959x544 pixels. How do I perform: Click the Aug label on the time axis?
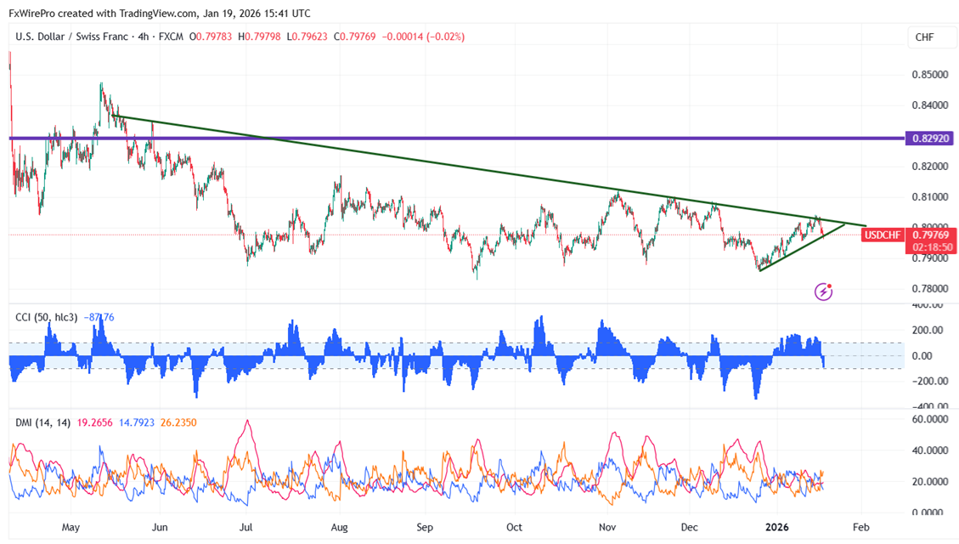(340, 527)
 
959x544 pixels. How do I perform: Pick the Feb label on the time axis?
(860, 527)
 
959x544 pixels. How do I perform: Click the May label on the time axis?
(71, 527)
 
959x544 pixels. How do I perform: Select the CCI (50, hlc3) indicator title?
(47, 317)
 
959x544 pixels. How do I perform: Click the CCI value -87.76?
(99, 317)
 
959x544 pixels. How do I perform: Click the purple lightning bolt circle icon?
(823, 292)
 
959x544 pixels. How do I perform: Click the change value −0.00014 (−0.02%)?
(423, 37)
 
